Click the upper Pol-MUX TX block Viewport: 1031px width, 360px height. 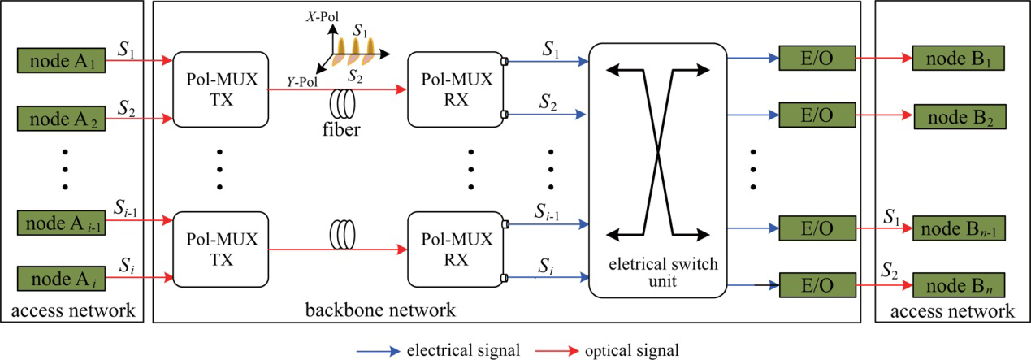[220, 88]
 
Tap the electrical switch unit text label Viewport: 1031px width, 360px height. [654, 270]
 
